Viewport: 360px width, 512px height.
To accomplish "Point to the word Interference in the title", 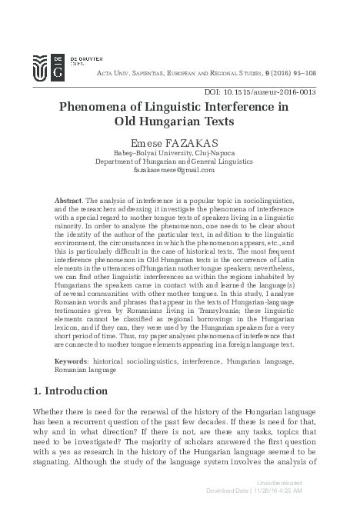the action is (x=239, y=108).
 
